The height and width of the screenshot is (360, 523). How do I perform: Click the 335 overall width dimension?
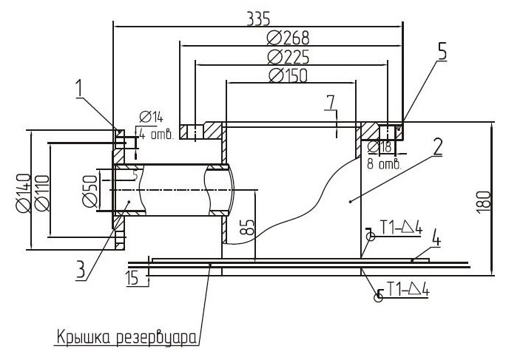click(x=258, y=18)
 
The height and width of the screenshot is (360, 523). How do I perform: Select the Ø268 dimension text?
click(x=289, y=38)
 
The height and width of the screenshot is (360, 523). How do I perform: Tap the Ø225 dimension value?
click(x=289, y=57)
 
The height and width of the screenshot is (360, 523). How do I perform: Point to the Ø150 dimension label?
click(x=288, y=75)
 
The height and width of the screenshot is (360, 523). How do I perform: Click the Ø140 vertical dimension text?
click(x=24, y=193)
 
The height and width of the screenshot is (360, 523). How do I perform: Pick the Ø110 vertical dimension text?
click(x=41, y=194)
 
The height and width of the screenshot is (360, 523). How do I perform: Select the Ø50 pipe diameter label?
click(x=90, y=191)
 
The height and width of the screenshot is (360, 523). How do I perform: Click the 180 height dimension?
click(x=484, y=202)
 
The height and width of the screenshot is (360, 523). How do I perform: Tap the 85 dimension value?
click(x=248, y=228)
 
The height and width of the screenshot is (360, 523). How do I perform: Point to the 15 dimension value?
click(x=132, y=279)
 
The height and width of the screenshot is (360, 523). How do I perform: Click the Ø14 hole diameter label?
click(x=152, y=117)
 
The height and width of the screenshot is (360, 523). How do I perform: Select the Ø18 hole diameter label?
click(x=379, y=147)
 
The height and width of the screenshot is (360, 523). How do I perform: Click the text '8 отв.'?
click(x=384, y=163)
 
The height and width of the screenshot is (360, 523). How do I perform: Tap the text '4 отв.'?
click(x=156, y=135)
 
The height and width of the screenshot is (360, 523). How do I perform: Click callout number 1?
click(x=78, y=89)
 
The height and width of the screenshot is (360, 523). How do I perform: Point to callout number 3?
click(x=81, y=269)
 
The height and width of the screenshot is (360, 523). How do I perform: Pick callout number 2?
click(x=438, y=146)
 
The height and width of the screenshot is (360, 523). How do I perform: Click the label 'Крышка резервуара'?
click(x=126, y=338)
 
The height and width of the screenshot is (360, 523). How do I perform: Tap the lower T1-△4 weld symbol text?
click(x=408, y=289)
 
